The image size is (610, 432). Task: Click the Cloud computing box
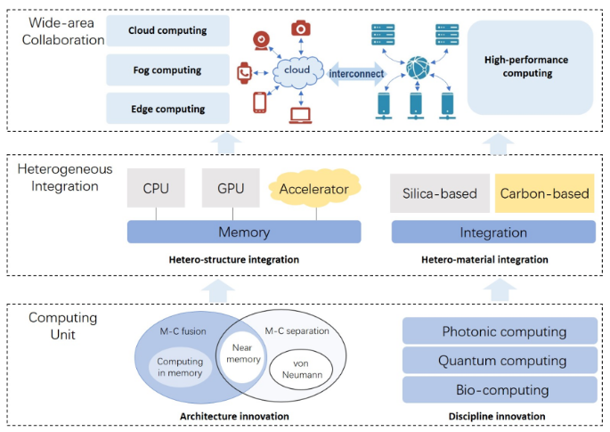tap(167, 31)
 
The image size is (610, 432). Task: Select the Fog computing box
tap(167, 70)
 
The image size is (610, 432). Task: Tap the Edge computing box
tap(167, 109)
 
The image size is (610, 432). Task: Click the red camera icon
tap(301, 29)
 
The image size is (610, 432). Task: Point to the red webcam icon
tap(262, 41)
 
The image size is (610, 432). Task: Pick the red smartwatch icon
tap(244, 73)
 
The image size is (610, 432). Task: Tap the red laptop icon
tap(300, 116)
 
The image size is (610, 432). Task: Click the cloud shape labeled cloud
tap(298, 71)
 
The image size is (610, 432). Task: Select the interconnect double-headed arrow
tap(356, 74)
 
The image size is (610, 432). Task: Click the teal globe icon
tap(418, 68)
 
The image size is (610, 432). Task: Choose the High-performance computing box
tap(530, 68)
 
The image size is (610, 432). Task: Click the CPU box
tap(156, 188)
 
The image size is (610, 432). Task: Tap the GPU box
tap(231, 188)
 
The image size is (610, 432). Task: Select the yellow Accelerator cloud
tap(314, 188)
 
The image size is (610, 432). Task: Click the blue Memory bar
tap(244, 232)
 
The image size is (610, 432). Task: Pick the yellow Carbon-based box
tap(545, 193)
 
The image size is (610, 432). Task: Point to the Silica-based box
tap(440, 193)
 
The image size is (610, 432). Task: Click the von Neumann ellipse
tap(301, 370)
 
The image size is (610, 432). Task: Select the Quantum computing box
tap(500, 361)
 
